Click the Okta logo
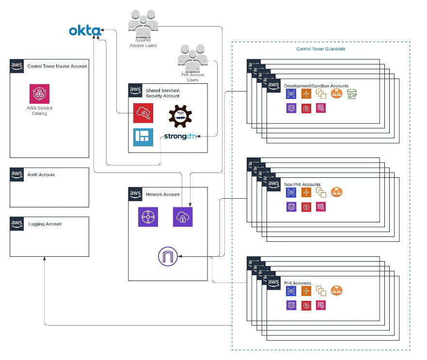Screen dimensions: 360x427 pos(85,31)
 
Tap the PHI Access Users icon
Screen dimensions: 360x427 pos(192,57)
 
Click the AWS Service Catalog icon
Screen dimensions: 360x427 pos(40,94)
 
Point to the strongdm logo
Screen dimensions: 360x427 pos(179,136)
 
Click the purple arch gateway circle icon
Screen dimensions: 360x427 pos(168,256)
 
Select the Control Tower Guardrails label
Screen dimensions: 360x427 pos(320,49)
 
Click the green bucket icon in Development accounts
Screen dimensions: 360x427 pos(352,94)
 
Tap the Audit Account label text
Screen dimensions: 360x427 pos(41,175)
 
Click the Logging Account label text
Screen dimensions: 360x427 pos(45,224)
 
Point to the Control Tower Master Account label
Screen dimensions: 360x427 pos(57,66)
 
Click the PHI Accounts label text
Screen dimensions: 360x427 pos(298,283)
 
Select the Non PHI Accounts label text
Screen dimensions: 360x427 pos(302,185)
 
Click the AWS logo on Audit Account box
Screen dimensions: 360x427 pos(17,174)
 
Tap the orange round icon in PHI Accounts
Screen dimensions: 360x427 pos(337,291)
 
